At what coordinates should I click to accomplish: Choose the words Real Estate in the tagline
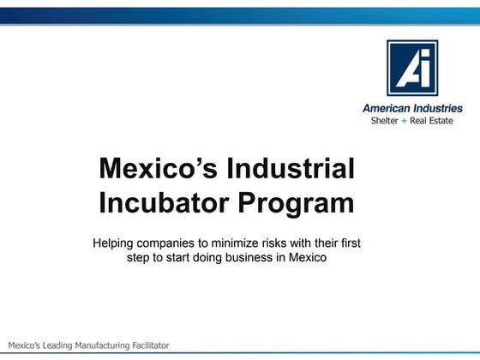tap(431, 121)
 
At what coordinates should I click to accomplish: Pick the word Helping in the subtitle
tap(115, 243)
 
